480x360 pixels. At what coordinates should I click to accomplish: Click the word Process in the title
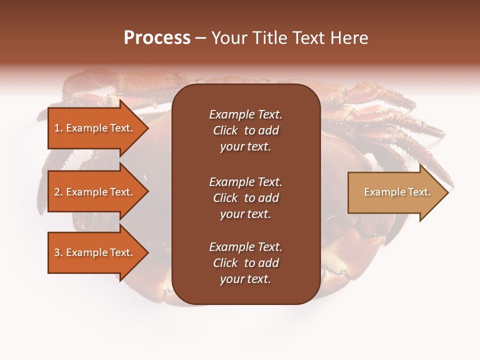pyautogui.click(x=157, y=38)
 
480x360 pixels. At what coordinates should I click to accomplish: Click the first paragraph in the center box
pyautogui.click(x=245, y=130)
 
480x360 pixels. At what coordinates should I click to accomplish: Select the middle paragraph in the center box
pyautogui.click(x=245, y=198)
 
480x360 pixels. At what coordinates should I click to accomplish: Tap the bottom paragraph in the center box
pyautogui.click(x=245, y=263)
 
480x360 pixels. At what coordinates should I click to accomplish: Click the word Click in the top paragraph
pyautogui.click(x=225, y=130)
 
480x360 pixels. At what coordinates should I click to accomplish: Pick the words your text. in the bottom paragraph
pyautogui.click(x=245, y=279)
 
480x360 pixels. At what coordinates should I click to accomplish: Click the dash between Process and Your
pyautogui.click(x=201, y=38)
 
